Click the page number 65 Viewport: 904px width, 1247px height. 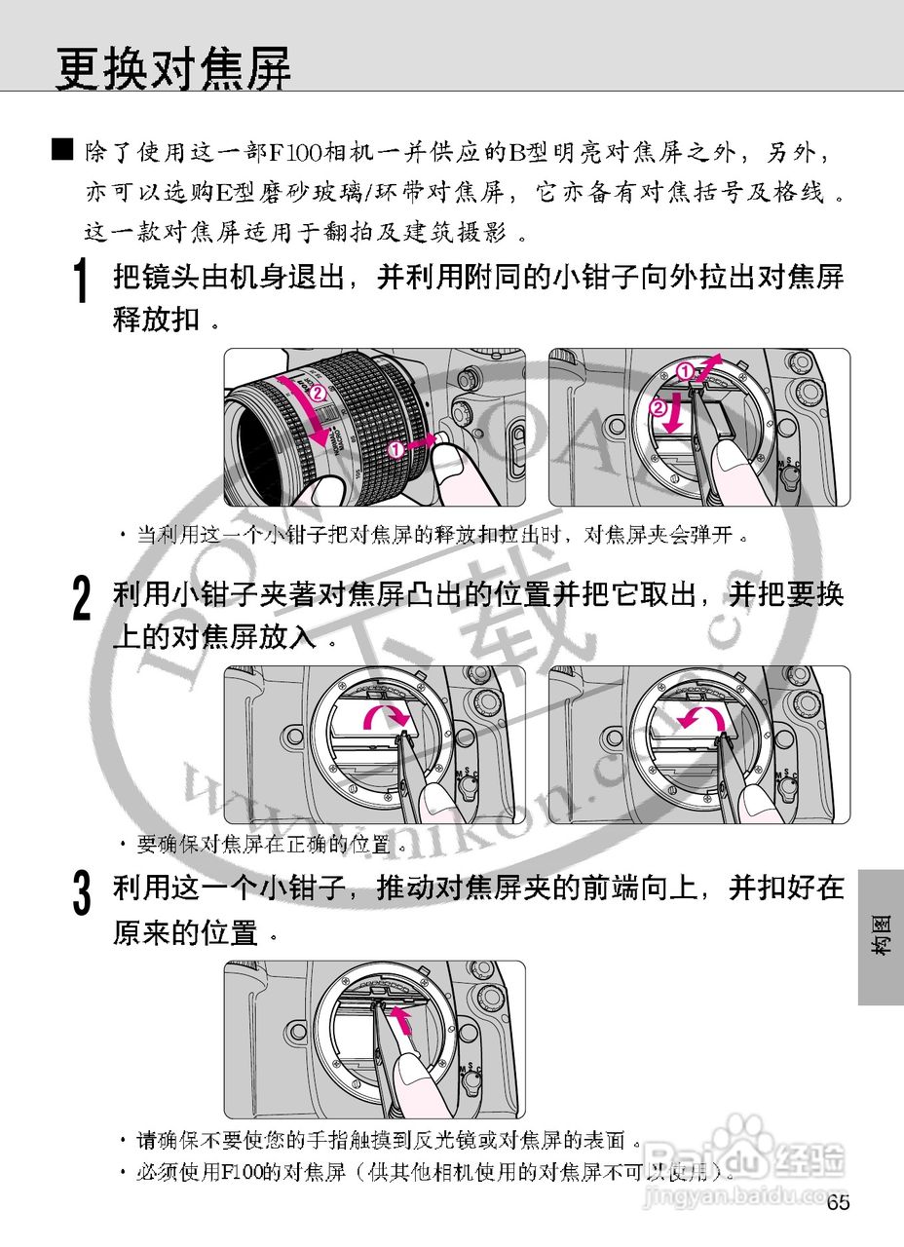(838, 1202)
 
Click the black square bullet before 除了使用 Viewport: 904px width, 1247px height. (62, 149)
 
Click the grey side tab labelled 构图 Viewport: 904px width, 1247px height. (880, 936)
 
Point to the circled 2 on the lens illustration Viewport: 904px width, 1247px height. (316, 394)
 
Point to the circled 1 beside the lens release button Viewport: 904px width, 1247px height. (396, 449)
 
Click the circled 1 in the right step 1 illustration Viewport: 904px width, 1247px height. (685, 371)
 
